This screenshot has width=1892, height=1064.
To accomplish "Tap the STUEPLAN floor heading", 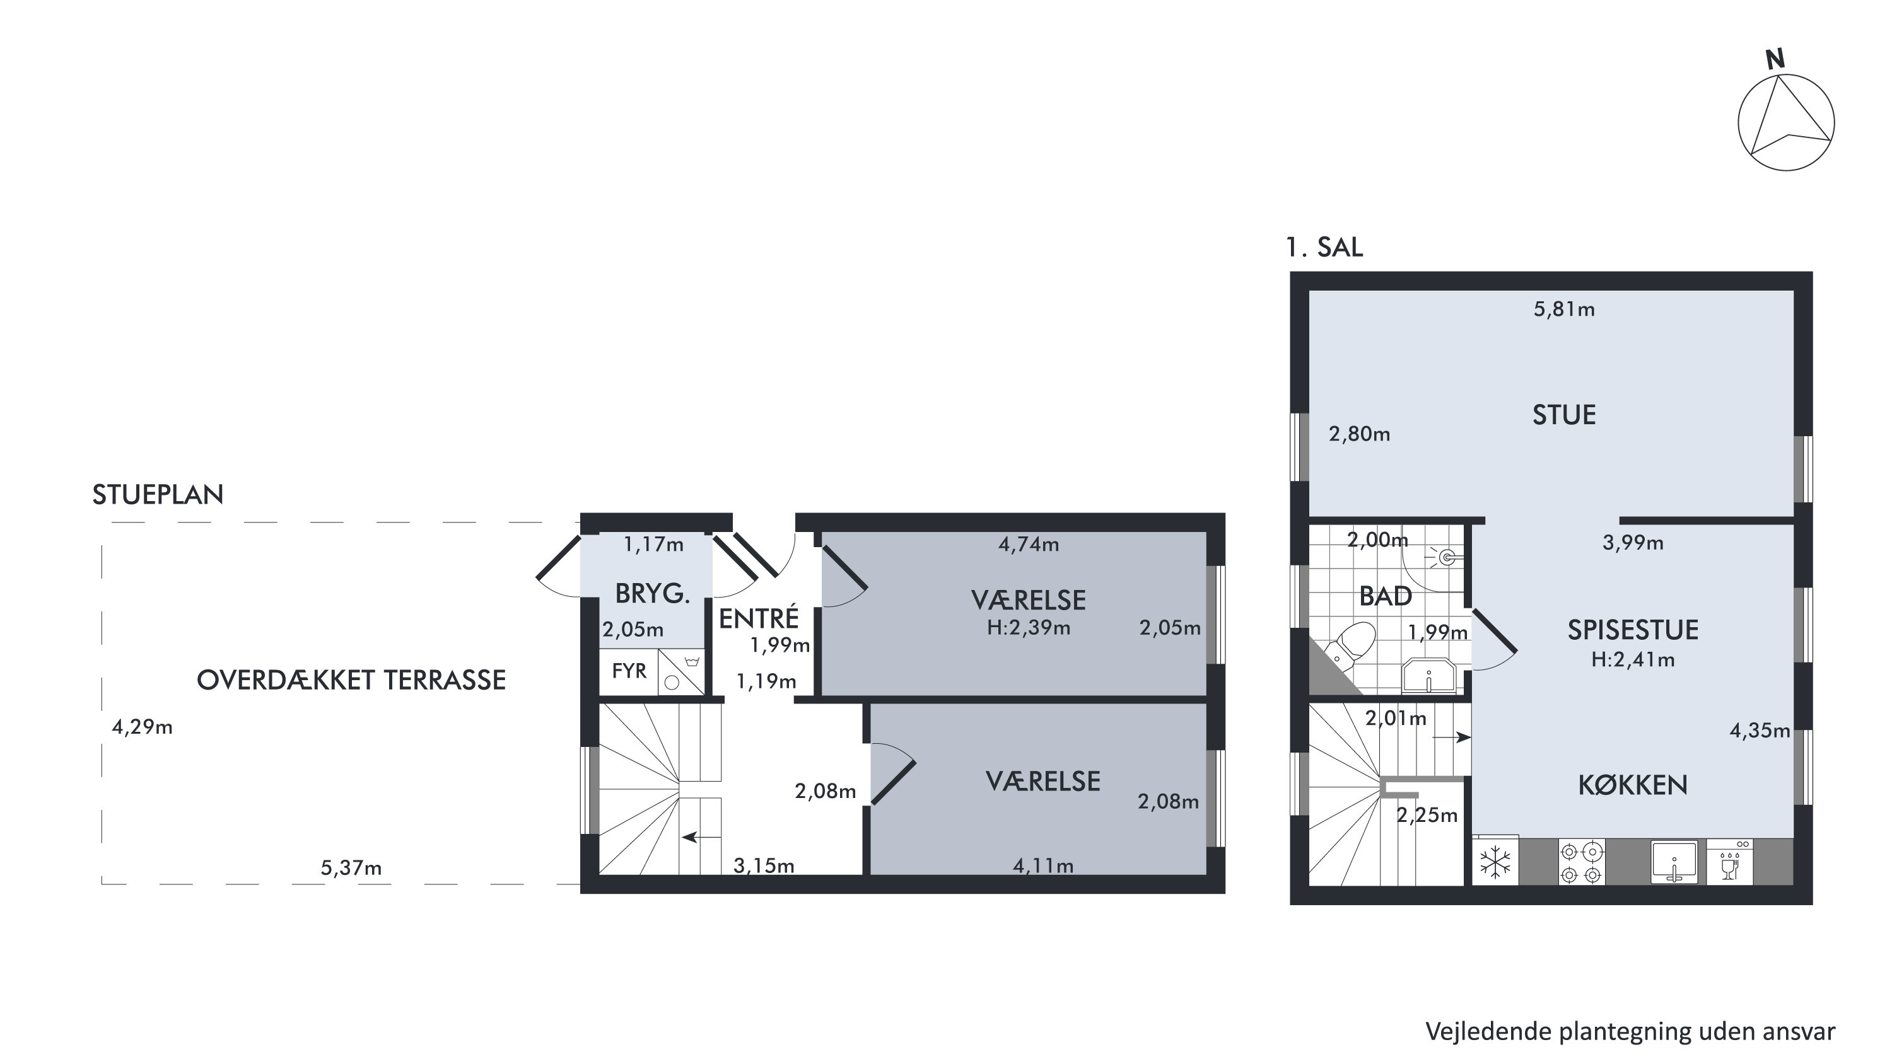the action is point(158,494).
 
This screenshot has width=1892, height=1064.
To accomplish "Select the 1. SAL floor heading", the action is point(1324,248).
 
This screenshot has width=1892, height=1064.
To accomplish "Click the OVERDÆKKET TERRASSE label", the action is point(351,680).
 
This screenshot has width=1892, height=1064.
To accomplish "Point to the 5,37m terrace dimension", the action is point(351,868).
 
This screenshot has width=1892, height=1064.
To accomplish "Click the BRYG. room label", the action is point(652,594).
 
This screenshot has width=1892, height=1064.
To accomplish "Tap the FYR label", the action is point(629,671).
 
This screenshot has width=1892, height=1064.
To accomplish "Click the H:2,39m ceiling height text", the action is point(1028,628).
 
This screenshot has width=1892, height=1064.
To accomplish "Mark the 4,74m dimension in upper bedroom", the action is point(1028,544).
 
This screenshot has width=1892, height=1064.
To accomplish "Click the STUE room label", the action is point(1563,415).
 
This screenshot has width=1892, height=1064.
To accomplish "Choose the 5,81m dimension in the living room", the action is point(1563,309).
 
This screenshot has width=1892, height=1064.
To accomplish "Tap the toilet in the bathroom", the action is point(1350,644).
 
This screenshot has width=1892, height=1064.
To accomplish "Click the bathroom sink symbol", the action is point(1428,676).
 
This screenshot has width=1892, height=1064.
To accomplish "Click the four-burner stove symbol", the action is point(1581,863).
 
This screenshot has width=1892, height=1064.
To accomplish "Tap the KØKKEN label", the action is point(1632,785).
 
